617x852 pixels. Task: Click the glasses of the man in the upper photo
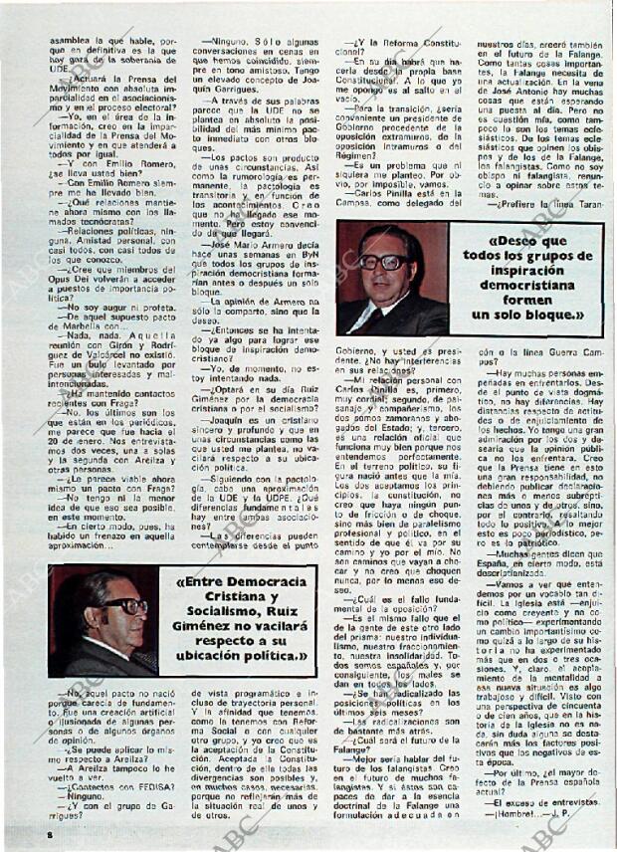384,262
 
